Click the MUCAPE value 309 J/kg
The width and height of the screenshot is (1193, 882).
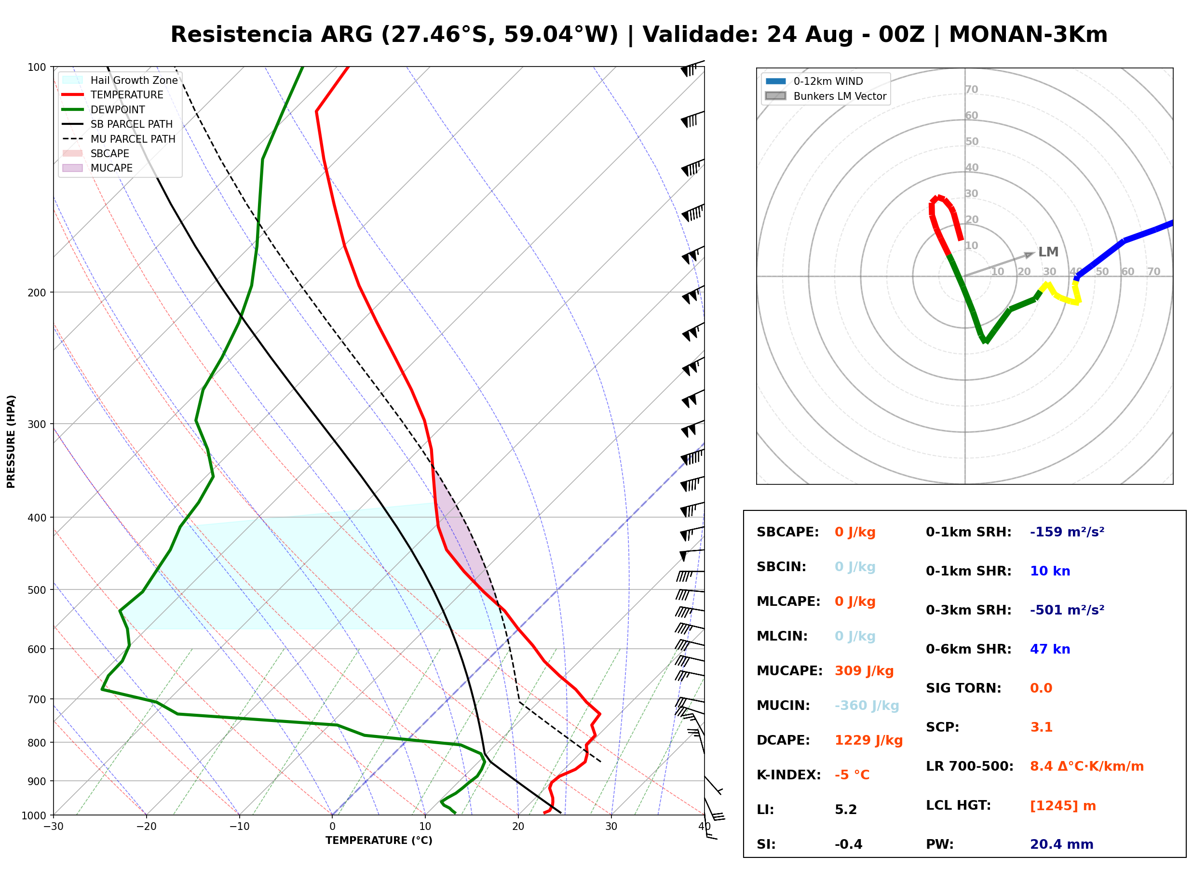pos(864,671)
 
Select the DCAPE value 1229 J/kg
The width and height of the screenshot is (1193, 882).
pos(868,740)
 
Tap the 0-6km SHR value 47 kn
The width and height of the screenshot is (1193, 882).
pos(1050,649)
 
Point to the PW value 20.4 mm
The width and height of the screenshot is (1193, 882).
pos(1062,844)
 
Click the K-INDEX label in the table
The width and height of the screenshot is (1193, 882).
pos(789,775)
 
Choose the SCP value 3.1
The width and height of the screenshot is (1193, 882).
pos(1041,727)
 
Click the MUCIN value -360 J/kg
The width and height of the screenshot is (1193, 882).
pos(867,706)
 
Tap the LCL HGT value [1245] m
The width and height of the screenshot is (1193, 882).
pos(1063,806)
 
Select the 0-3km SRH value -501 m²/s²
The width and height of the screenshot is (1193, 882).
pos(1067,610)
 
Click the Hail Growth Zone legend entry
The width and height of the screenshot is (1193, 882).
pos(120,80)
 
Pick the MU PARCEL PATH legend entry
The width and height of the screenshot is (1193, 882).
pos(119,139)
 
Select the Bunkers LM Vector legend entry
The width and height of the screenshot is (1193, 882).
pos(826,96)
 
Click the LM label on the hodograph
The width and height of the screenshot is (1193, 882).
pos(1048,252)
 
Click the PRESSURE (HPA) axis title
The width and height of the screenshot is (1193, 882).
pos(11,441)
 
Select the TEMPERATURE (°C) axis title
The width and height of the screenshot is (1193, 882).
pos(379,841)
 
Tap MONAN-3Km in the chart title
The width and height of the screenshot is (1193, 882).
pos(1028,35)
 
